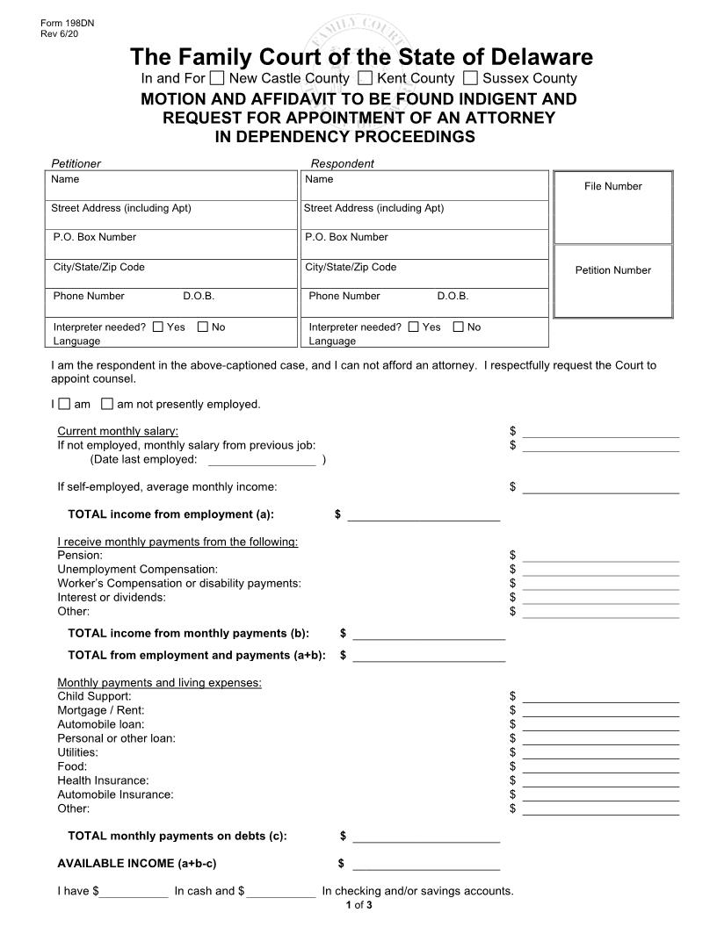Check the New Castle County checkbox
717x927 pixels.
click(x=217, y=78)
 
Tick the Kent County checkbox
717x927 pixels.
click(x=366, y=78)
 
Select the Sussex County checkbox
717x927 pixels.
click(x=470, y=78)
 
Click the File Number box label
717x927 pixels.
click(x=612, y=186)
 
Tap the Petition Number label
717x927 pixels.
click(x=612, y=270)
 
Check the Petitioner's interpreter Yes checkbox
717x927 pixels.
click(x=157, y=327)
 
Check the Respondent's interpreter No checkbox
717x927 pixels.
click(x=458, y=327)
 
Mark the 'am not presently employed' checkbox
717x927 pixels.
click(x=107, y=405)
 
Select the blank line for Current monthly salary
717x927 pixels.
click(x=600, y=432)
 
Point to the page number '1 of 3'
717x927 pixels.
click(x=358, y=905)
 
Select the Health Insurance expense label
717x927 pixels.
click(x=103, y=780)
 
